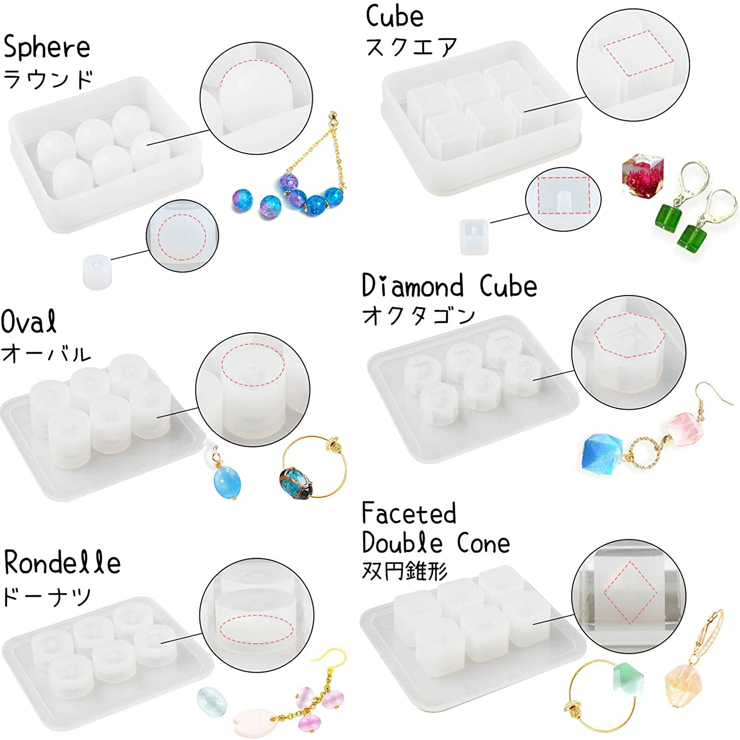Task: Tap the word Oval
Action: (29, 322)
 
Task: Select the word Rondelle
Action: (62, 563)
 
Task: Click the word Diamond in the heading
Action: (413, 286)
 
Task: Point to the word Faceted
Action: (409, 514)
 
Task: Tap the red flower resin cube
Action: (643, 176)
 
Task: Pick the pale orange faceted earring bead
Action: (683, 687)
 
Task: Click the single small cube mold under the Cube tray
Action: (474, 237)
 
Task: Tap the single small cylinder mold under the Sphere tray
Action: (97, 271)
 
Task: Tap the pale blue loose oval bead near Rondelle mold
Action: (212, 701)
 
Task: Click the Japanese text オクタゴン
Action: (418, 315)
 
